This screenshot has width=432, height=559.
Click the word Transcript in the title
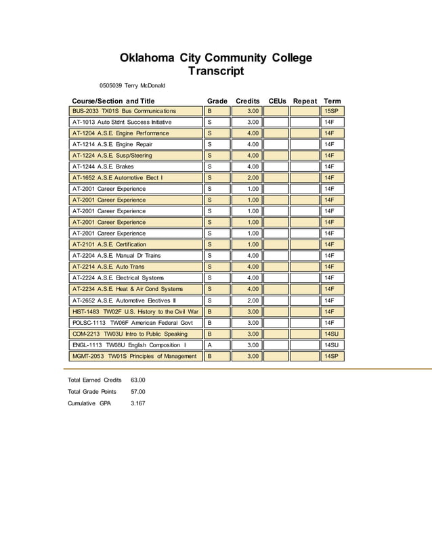tap(215, 72)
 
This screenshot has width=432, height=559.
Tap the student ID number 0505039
tap(111, 86)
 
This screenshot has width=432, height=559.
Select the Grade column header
tap(217, 101)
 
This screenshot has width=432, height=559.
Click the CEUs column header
tap(277, 101)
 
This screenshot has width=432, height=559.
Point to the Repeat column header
tap(305, 101)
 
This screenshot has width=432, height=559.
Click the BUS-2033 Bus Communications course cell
tap(135, 111)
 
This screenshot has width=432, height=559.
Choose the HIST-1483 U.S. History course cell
tap(135, 311)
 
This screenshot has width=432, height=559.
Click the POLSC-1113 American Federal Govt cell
tap(135, 322)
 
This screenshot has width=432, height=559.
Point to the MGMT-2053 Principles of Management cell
tap(135, 355)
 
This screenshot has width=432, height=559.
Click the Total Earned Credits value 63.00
tap(137, 380)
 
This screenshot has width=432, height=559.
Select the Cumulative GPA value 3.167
tap(137, 403)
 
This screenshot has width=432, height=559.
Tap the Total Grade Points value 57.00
tap(137, 392)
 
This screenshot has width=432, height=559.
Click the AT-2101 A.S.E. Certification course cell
tap(135, 244)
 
